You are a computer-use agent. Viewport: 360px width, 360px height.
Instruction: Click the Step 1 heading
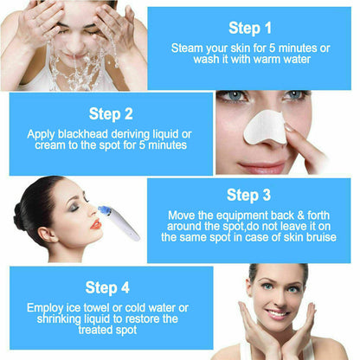(x=251, y=28)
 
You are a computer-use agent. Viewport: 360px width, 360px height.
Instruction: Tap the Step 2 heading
(x=110, y=112)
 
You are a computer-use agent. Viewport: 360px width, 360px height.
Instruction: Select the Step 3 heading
(x=249, y=195)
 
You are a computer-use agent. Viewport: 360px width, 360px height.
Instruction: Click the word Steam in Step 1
(x=189, y=48)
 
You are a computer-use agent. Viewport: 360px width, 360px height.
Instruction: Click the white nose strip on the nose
(x=267, y=129)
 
